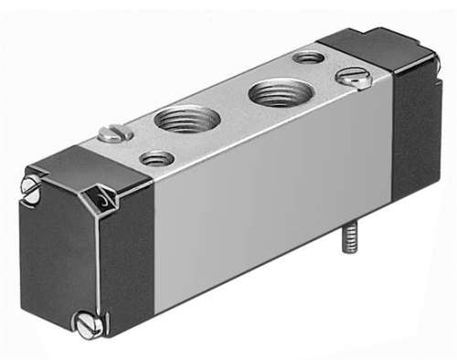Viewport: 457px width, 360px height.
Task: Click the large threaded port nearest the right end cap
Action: [278, 91]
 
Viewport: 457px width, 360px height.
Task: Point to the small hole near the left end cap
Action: [159, 159]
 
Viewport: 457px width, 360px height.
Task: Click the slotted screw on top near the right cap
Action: [354, 79]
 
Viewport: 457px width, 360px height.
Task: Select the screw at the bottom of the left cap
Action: [87, 325]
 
